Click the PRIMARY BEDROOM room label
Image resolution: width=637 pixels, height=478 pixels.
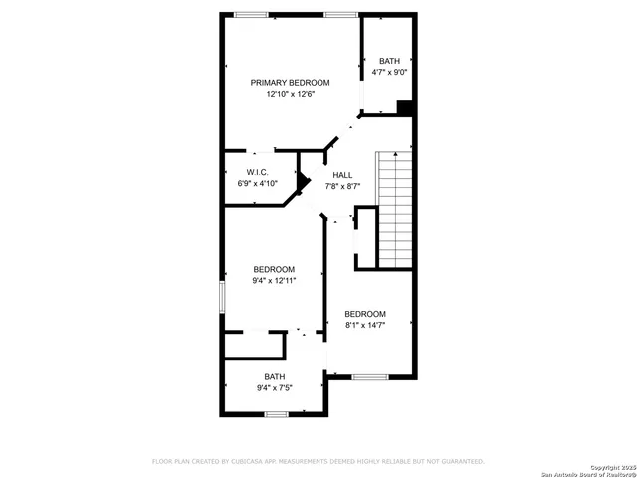(290, 83)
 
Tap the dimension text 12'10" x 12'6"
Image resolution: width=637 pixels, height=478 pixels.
(290, 95)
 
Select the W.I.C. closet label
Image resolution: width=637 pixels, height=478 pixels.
(258, 172)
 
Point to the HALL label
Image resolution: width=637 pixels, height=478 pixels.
(342, 174)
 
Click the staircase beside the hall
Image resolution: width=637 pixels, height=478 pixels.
(396, 209)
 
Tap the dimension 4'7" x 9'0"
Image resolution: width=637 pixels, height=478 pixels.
(389, 72)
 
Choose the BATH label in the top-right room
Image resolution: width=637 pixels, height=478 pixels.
(389, 60)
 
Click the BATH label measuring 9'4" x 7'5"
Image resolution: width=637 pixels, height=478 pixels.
(274, 376)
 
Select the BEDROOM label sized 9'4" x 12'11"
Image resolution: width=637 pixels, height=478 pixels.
(274, 269)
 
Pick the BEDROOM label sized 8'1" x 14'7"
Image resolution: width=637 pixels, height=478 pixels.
(365, 314)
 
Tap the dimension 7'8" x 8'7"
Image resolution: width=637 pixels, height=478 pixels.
(342, 186)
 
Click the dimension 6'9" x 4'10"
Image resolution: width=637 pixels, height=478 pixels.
(258, 184)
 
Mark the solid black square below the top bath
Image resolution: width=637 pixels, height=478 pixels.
(405, 108)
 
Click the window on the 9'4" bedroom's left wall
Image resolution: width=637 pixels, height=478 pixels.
(222, 299)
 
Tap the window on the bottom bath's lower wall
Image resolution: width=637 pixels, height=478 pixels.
(277, 414)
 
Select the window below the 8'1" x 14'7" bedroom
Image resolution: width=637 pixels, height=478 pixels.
(370, 376)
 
